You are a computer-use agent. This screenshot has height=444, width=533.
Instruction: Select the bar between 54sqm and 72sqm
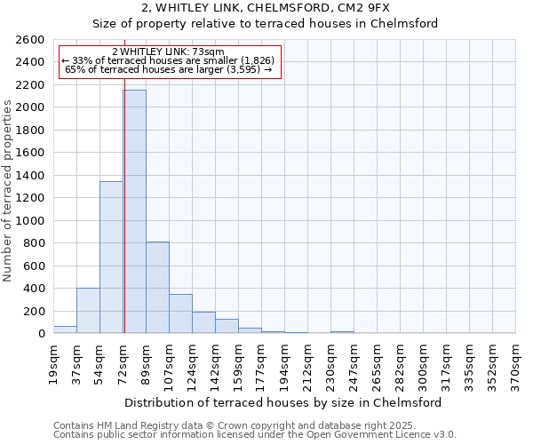point(111,258)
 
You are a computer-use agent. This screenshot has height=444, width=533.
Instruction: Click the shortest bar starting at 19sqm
point(65,329)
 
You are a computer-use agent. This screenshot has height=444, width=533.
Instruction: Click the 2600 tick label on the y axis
point(30,40)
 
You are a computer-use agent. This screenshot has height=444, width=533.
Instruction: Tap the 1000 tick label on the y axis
point(30,221)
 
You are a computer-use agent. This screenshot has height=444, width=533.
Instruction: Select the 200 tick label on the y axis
point(34,312)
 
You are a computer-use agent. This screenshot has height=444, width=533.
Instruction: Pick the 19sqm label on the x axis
point(53,363)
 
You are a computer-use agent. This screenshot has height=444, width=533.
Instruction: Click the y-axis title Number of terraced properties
point(9,191)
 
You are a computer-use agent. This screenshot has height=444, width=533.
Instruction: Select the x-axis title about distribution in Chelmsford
point(283,402)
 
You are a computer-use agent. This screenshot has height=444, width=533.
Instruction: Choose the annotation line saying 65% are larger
point(169,68)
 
